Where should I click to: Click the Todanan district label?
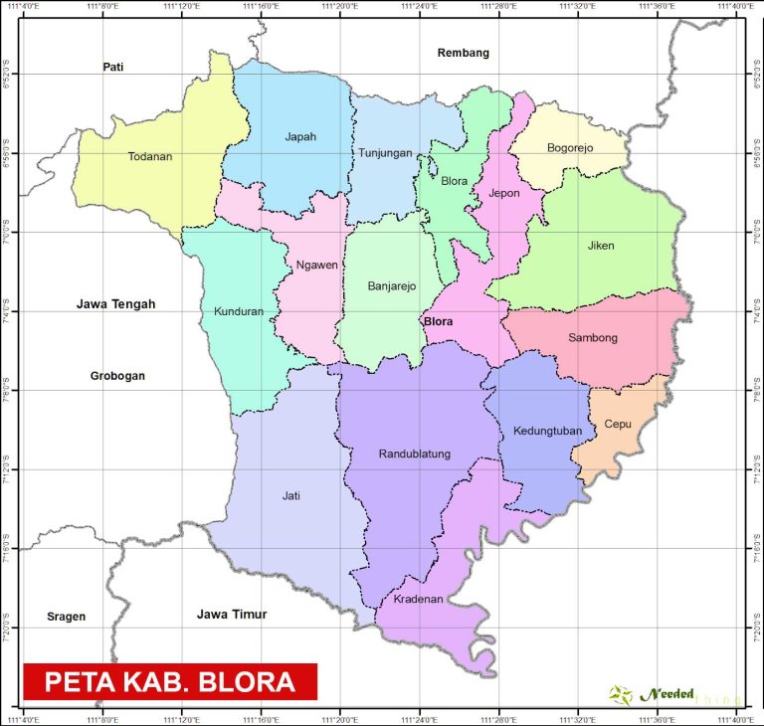coord(150,156)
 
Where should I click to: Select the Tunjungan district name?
coord(385,152)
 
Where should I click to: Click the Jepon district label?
coord(504,193)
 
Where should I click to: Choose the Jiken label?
coord(601,246)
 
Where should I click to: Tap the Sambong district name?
coord(593,338)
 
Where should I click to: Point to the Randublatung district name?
coord(415,454)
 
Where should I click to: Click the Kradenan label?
coord(418,599)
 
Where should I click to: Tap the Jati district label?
coord(290,495)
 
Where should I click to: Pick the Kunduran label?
coord(239,311)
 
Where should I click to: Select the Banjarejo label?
coord(391,286)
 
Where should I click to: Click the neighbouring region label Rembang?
coord(464,53)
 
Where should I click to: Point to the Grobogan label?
coord(118,376)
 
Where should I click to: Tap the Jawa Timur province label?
coord(232,615)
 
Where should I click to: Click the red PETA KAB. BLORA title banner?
coord(169,682)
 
